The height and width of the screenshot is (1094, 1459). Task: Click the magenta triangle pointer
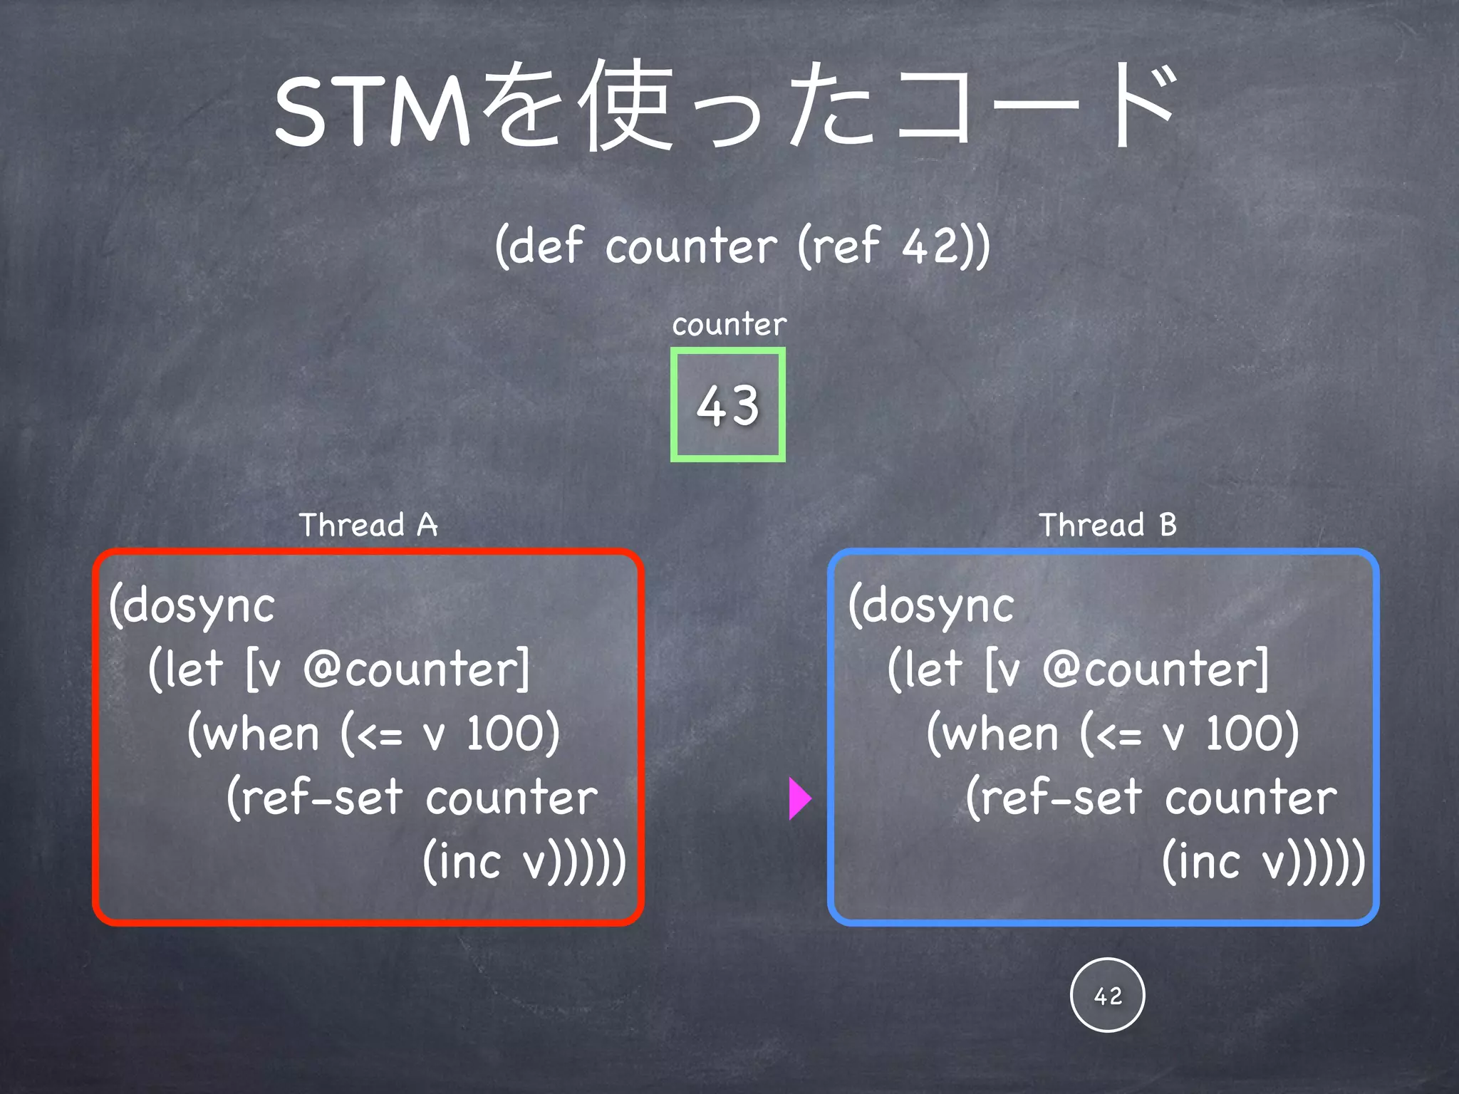coord(799,798)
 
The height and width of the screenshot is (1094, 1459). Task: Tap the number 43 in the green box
coord(727,405)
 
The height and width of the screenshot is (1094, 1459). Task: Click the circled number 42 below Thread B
coord(1107,995)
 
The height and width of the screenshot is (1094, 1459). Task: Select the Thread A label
coord(368,525)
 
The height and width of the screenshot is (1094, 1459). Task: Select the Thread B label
coord(1107,525)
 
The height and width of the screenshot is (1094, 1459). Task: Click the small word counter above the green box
coord(729,325)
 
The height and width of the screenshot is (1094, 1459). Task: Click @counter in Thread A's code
coord(415,670)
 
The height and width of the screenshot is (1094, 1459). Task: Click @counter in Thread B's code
coord(1155,670)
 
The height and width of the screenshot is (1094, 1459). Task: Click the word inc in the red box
coord(471,861)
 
